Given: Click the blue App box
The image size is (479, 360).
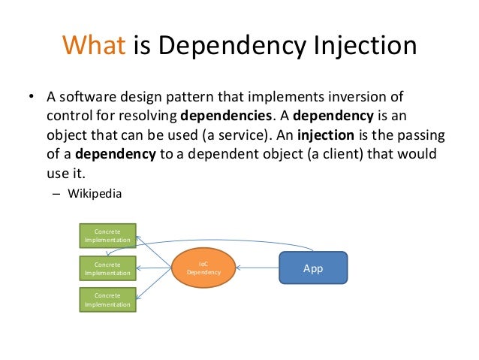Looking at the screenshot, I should coord(312,268).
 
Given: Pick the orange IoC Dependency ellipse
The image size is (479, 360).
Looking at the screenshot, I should coord(203,268).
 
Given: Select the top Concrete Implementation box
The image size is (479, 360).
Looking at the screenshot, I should coord(108,236).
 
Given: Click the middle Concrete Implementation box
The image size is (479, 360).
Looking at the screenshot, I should coord(108,268).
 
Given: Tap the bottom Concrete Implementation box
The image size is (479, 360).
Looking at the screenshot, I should coord(108,301).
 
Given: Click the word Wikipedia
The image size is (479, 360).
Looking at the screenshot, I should coord(94,192).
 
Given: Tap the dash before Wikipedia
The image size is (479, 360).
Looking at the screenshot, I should coord(56,193).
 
